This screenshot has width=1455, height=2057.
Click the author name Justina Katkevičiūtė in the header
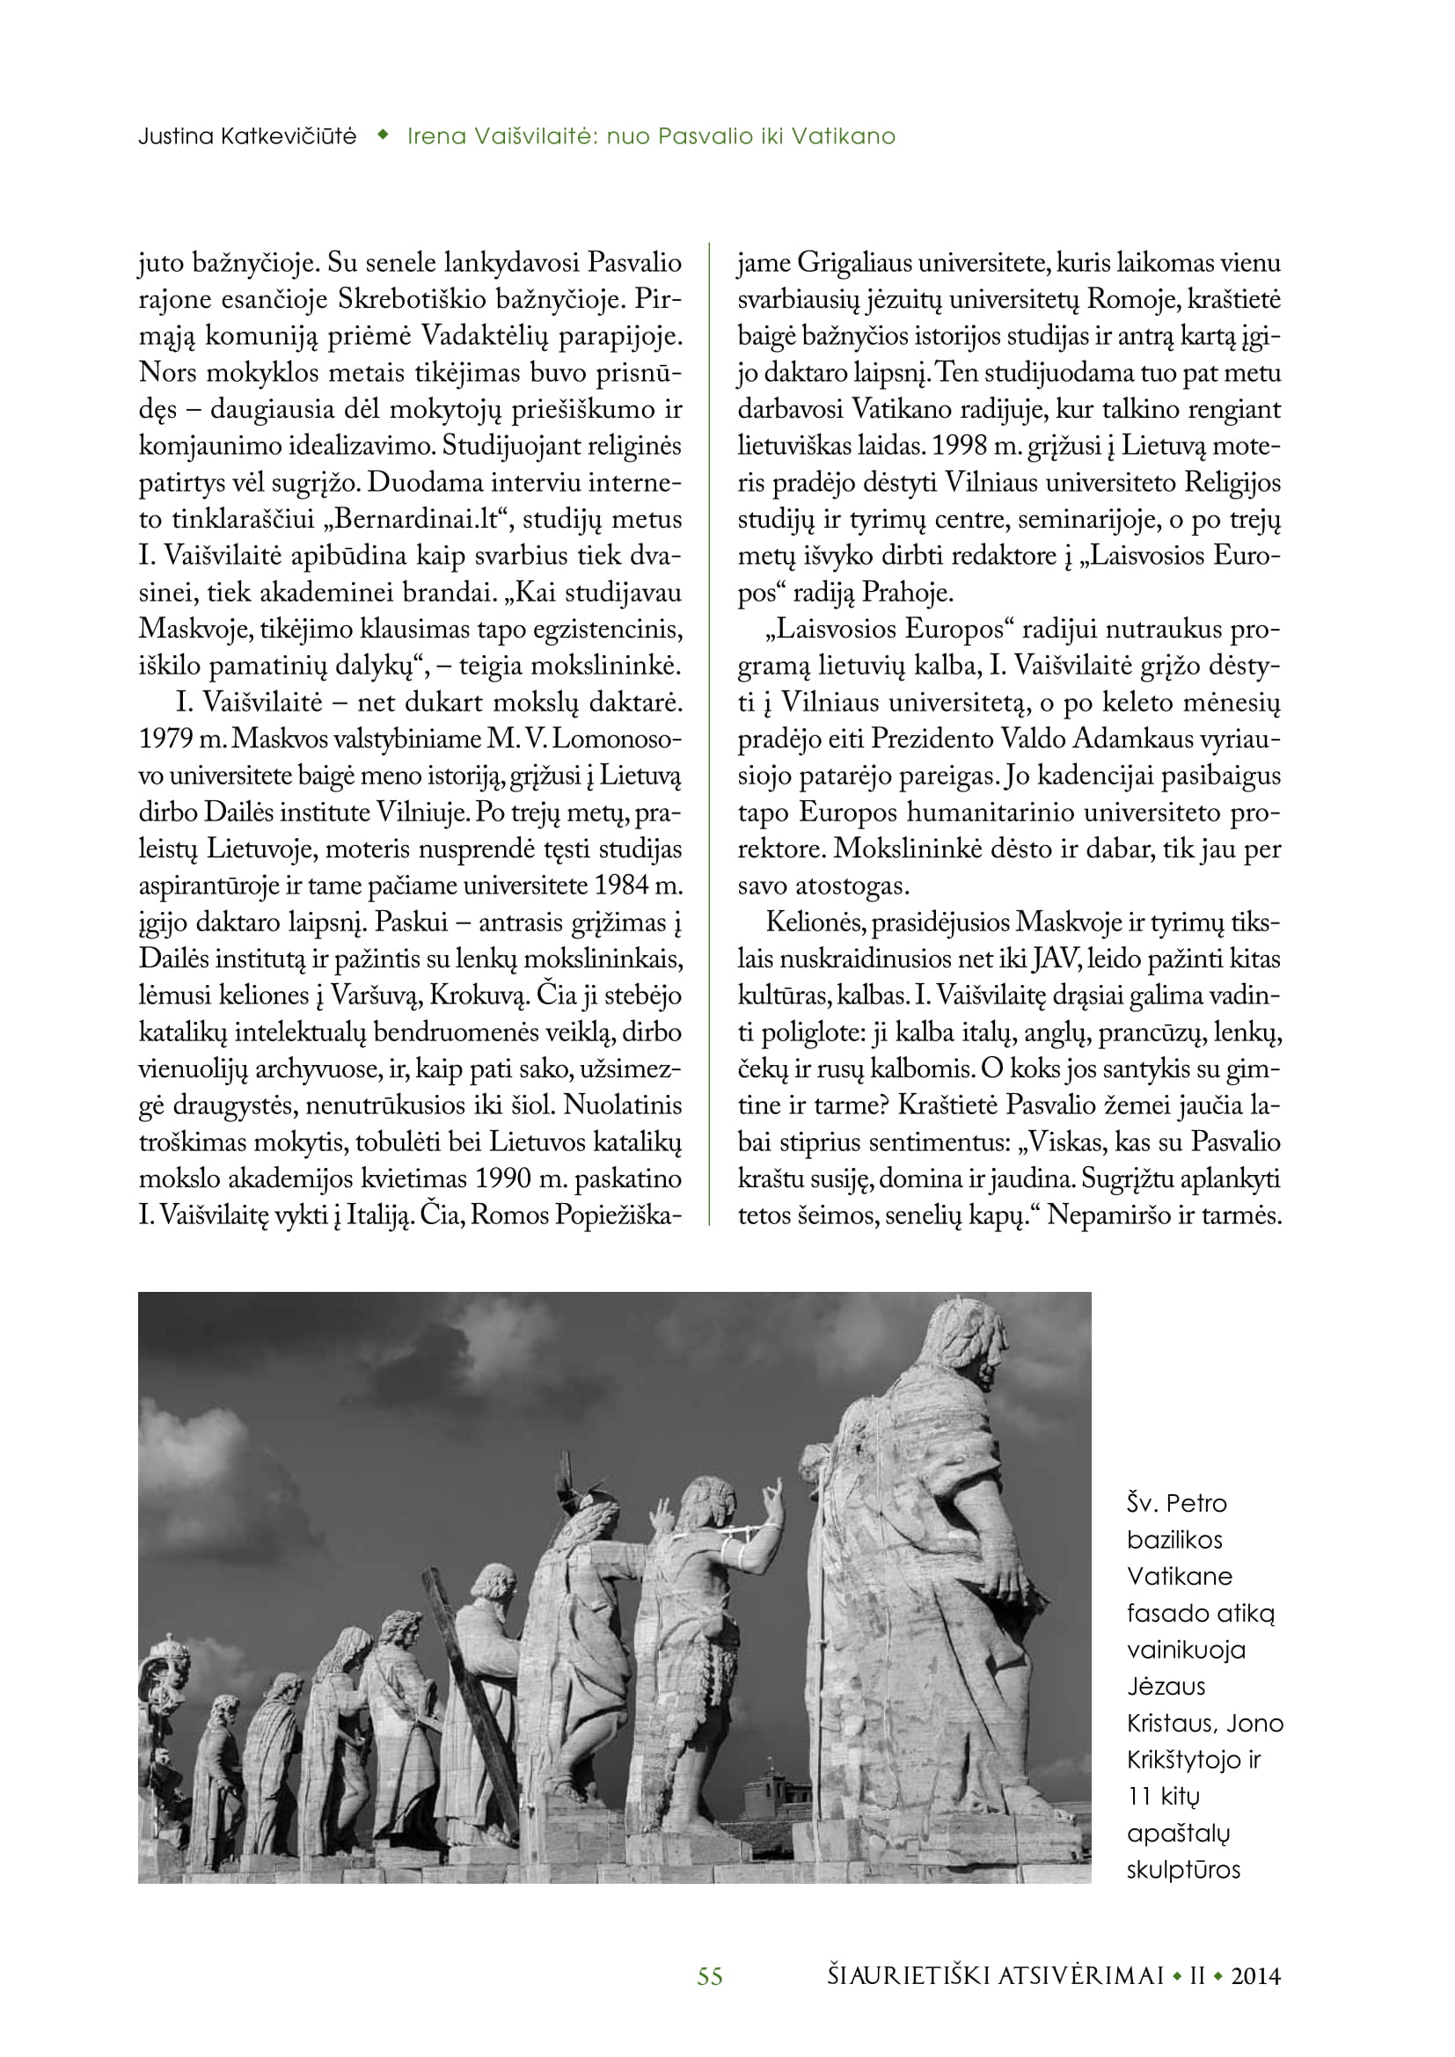(x=247, y=136)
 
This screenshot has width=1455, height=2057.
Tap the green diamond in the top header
(x=384, y=135)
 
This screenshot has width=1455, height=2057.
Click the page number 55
(x=710, y=1976)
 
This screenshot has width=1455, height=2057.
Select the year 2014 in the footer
(x=1255, y=1976)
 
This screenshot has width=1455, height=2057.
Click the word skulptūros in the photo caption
(x=1182, y=1870)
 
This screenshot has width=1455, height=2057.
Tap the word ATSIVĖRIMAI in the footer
(x=1078, y=1976)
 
